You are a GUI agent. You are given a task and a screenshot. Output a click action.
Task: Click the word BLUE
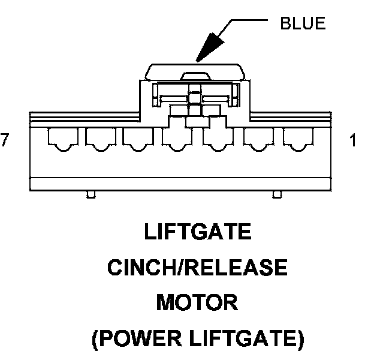[x=303, y=23]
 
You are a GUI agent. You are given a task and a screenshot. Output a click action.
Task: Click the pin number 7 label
[x=5, y=140]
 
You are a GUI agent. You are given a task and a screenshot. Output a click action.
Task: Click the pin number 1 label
[x=353, y=140]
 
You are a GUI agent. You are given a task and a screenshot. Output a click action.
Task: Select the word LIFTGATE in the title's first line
[x=198, y=232]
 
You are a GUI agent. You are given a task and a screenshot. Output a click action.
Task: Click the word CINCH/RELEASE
[x=198, y=267]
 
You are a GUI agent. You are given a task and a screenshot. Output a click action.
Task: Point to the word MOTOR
[x=197, y=302]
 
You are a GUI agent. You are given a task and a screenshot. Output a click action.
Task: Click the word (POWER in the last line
[x=137, y=338]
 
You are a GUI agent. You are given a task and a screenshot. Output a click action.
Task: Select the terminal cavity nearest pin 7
[x=63, y=139]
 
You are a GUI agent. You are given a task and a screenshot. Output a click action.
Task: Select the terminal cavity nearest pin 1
[x=298, y=139]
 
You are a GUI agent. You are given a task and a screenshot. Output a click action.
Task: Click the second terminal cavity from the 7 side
[x=101, y=139]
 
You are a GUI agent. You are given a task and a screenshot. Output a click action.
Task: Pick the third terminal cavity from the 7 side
[x=138, y=139]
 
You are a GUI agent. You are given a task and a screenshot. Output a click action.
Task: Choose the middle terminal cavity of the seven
[x=177, y=139]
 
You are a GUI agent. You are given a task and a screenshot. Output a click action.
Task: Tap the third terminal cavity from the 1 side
[x=218, y=139]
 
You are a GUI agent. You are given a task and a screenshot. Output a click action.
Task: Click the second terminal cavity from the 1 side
[x=258, y=139]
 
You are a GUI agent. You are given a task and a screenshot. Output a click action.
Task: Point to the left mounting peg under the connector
[x=91, y=194]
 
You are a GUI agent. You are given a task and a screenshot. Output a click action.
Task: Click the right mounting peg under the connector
[x=277, y=194]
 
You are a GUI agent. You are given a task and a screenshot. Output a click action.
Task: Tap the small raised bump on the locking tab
[x=195, y=76]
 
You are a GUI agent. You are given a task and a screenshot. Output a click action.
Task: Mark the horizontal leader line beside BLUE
[x=249, y=20]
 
